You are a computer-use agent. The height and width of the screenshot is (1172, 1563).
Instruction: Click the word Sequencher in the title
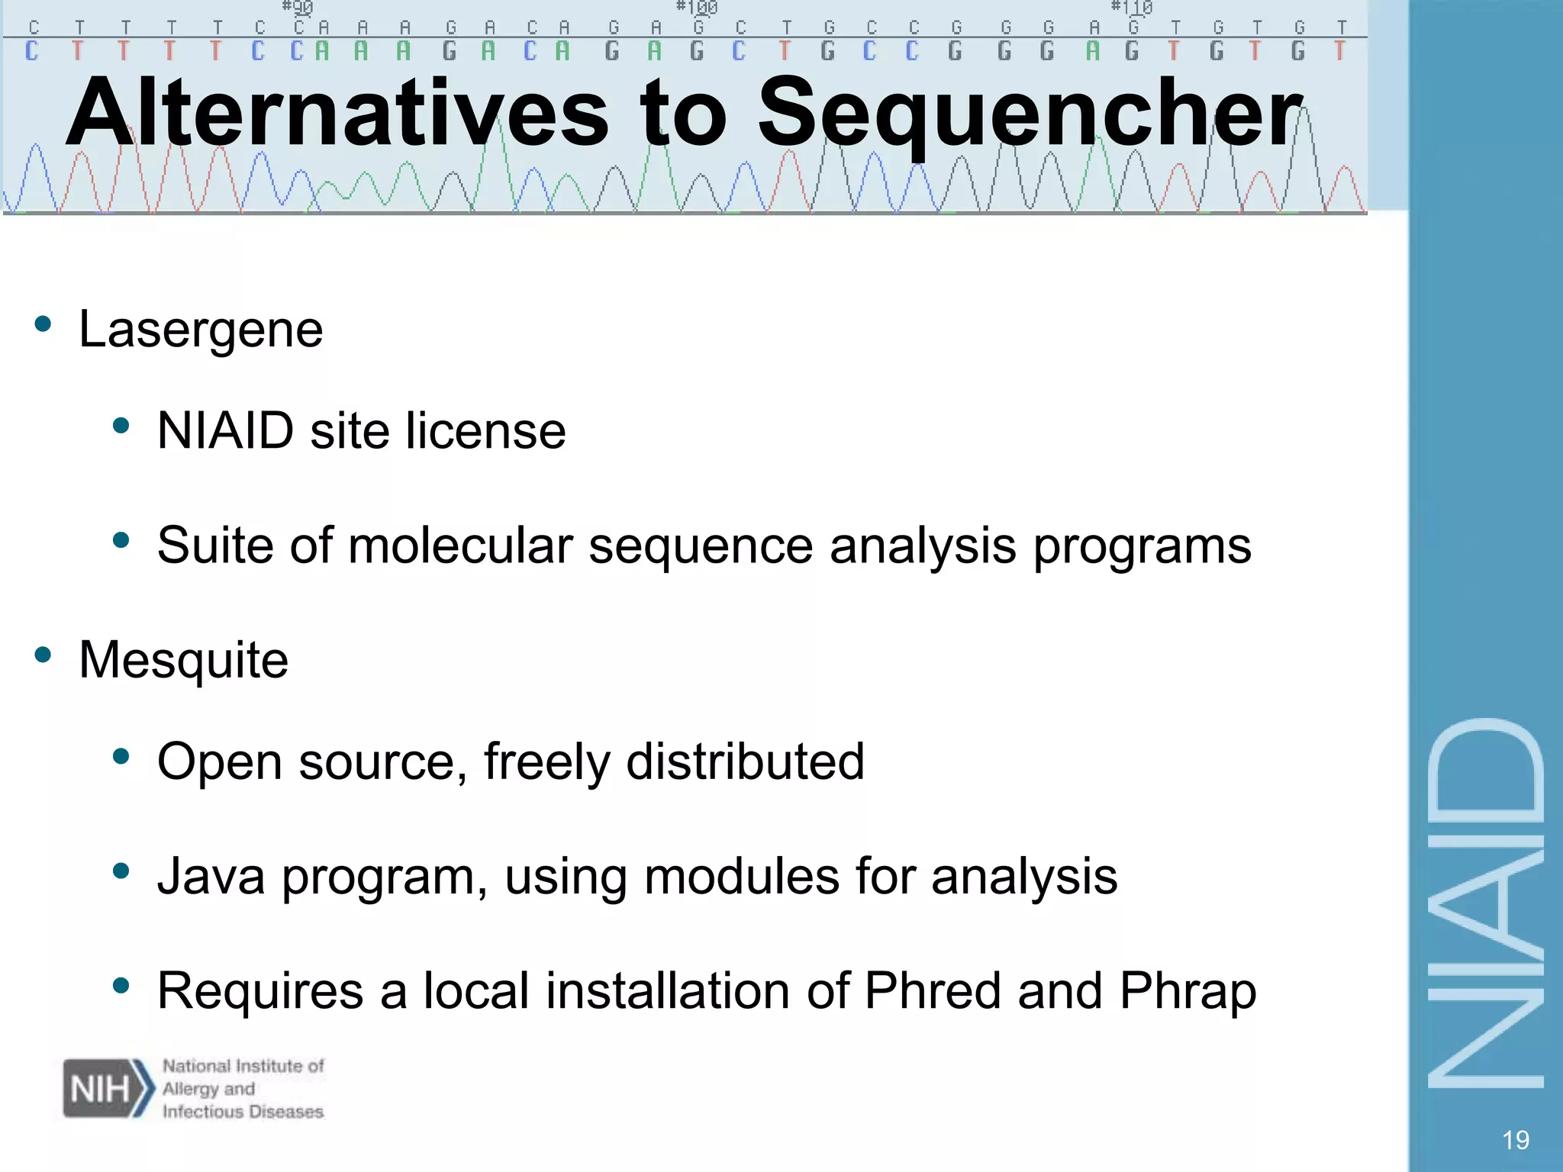pos(1030,114)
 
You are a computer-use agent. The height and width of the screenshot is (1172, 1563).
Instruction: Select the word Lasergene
pos(201,330)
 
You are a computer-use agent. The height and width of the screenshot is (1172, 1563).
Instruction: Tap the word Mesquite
pos(183,660)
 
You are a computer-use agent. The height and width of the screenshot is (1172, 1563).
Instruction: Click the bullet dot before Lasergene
pos(43,324)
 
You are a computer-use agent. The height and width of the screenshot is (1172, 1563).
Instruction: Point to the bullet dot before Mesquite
pos(43,655)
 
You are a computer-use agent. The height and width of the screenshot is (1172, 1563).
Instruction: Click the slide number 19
pos(1515,1140)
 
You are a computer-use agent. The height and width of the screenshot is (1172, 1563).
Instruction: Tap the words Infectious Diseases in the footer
pos(243,1112)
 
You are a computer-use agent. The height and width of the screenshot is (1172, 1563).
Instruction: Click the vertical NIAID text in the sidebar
pos(1485,904)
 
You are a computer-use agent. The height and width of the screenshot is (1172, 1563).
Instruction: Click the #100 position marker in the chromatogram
pos(697,8)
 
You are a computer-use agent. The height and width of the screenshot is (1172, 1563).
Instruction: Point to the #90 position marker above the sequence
pos(298,8)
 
